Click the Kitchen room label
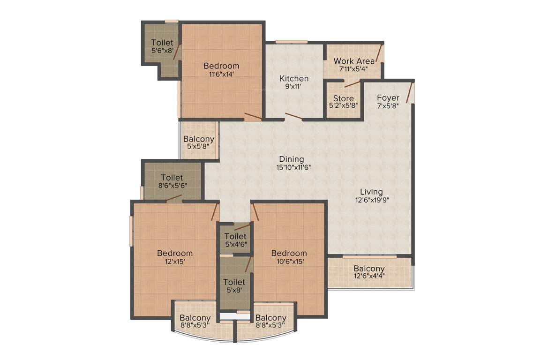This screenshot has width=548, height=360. pos(294,78)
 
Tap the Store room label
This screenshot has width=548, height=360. pos(344,98)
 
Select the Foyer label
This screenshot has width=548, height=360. pos(388,97)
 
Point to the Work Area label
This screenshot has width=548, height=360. pos(354,61)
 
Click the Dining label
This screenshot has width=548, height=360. pos(292,159)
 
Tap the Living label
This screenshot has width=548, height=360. pos(371,191)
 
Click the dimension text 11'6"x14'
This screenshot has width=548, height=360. pos(221,74)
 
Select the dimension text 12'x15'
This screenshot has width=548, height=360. pos(175,262)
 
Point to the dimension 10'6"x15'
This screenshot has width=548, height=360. pos(289,262)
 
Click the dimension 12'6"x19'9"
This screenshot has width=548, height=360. pos(372,200)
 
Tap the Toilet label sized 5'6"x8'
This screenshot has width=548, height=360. pos(162,43)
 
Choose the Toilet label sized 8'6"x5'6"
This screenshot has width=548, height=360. pos(172,177)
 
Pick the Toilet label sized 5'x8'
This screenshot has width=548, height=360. pos(234,282)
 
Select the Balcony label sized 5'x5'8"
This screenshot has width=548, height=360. pos(199,139)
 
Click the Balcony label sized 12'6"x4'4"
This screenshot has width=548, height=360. pos(369,269)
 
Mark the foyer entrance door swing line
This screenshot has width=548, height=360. pos(410,92)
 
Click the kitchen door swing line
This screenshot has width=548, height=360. pos(294,116)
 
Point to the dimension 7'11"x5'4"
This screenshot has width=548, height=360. pos(353,69)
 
